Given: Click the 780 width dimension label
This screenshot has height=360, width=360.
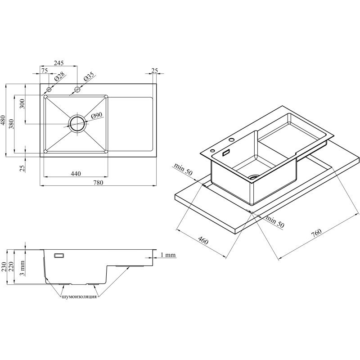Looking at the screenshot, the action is (x=98, y=183).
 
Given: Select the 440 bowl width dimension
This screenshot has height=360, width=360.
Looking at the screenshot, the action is (x=76, y=174).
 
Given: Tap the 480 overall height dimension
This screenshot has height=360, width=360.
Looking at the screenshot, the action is (x=3, y=120).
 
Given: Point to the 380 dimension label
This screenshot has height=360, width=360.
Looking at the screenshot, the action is (x=12, y=124).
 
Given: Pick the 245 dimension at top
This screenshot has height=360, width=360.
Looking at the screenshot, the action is (x=58, y=63).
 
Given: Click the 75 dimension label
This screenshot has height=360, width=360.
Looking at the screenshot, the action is (x=45, y=71).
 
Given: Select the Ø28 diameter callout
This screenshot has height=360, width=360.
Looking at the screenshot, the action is (x=60, y=77).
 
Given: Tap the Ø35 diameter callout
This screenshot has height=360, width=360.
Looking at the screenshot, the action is (x=89, y=76).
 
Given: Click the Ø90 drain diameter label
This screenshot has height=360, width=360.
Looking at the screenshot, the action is (x=96, y=116).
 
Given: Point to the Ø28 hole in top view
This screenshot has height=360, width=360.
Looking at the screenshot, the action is (x=49, y=89).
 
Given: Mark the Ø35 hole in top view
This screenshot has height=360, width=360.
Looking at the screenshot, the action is (x=77, y=89).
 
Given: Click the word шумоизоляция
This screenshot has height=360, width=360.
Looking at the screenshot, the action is (x=79, y=297).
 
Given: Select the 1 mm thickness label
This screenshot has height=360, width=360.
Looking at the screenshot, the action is (x=168, y=255).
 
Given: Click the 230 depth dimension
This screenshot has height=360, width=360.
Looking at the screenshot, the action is (x=3, y=267).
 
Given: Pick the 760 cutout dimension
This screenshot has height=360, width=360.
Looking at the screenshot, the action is (x=317, y=233).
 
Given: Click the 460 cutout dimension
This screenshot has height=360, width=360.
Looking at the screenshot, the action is (x=203, y=241).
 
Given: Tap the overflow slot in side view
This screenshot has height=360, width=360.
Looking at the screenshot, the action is (x=59, y=255).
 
